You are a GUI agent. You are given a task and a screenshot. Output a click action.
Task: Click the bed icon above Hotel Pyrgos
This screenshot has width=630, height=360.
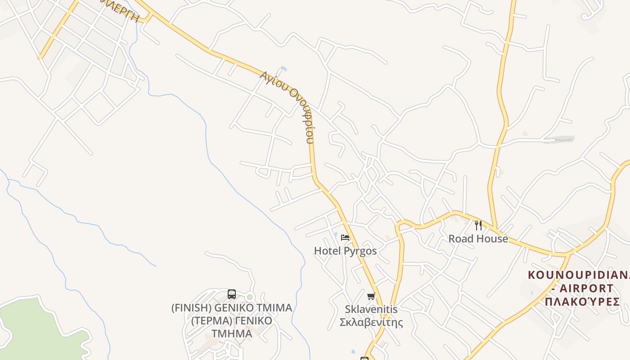coord(345,238)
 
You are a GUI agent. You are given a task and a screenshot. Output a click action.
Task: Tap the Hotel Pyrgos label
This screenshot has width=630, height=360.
coord(345,251)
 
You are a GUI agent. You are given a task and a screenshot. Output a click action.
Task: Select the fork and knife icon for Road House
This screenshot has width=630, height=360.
coord(478,225)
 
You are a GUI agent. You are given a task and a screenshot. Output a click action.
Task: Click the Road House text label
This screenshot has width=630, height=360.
coord(478,239)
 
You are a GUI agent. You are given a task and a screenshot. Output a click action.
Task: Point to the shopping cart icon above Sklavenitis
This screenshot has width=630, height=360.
coord(371,296)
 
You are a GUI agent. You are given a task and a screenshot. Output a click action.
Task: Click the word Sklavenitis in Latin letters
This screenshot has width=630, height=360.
coord(371,309)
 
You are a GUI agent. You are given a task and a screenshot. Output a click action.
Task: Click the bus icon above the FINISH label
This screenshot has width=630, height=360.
coord(232,294)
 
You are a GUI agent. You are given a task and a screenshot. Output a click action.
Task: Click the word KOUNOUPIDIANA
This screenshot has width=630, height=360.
coord(579,275)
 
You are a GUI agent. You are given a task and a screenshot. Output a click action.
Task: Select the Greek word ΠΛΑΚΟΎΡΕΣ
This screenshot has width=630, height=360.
coord(582,301)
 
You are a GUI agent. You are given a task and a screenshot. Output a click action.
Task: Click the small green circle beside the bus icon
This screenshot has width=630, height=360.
coord(250,297)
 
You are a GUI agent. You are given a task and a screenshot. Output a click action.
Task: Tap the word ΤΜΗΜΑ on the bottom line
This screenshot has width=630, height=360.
coord(232,334)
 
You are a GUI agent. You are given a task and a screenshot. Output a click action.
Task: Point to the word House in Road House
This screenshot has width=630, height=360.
coord(493,239)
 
